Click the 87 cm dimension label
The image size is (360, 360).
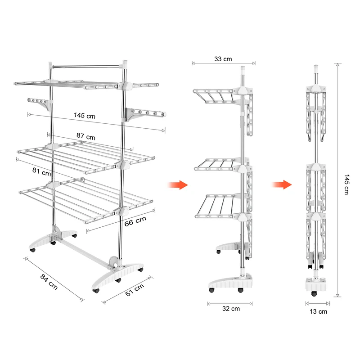[86, 136]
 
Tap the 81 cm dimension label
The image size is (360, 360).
[41, 172]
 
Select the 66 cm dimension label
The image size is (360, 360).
[135, 221]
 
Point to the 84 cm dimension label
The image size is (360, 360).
[49, 282]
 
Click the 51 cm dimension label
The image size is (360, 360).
[135, 290]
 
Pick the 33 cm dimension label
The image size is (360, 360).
[223, 59]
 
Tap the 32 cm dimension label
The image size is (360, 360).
[231, 309]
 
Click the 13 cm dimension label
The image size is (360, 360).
[318, 311]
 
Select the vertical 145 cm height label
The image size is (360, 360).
[346, 184]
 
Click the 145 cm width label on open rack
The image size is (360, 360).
[85, 116]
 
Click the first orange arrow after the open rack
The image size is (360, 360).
[178, 185]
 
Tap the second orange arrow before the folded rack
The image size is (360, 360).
[282, 184]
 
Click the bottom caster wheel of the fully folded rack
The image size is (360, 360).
[314, 294]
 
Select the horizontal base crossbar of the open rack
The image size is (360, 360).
[85, 252]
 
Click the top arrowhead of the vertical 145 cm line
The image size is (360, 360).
[337, 65]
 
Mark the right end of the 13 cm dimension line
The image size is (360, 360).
[329, 303]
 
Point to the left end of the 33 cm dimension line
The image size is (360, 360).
[193, 63]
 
